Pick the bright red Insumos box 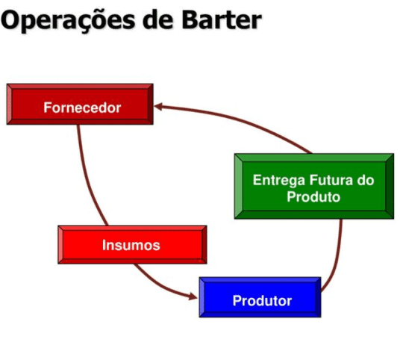tap(131, 244)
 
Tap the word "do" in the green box tap(364, 180)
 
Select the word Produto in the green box tap(313, 197)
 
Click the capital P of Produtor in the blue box tap(237, 301)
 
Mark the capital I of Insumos tap(104, 244)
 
